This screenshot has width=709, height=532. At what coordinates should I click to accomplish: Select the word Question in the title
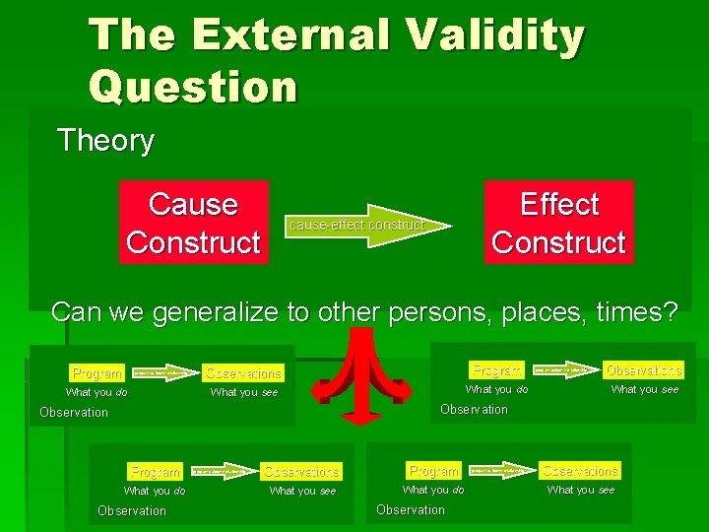[x=193, y=87]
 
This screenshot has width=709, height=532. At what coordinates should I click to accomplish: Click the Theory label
[x=105, y=141]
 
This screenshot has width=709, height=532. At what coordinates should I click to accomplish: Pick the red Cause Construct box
[x=194, y=223]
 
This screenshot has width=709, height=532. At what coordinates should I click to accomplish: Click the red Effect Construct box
[x=558, y=223]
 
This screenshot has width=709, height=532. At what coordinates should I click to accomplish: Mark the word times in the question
[x=634, y=312]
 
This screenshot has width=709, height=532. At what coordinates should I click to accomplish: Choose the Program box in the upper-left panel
[x=97, y=372]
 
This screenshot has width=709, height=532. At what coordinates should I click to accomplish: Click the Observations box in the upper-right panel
[x=643, y=369]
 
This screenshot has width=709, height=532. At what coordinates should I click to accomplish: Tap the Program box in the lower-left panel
[x=156, y=472]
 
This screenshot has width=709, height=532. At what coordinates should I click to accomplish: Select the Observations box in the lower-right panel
[x=580, y=471]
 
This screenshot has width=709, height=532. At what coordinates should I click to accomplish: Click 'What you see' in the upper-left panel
[x=244, y=392]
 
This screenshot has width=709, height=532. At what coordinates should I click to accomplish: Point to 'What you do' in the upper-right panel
[x=496, y=389]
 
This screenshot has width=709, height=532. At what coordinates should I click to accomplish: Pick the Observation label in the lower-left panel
[x=132, y=510]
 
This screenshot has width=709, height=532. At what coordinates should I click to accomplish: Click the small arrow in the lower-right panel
[x=498, y=471]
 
